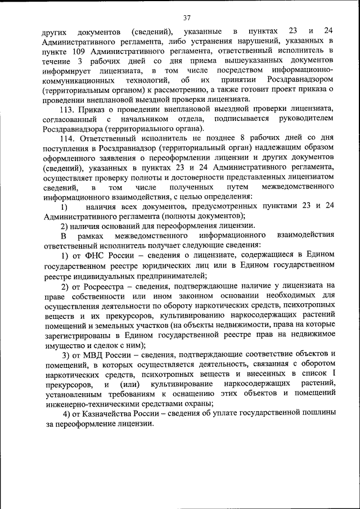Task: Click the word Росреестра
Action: click(102, 286)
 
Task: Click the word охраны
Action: click(196, 404)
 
